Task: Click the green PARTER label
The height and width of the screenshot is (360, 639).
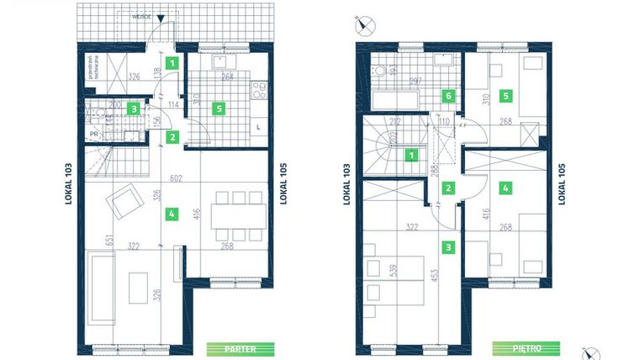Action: [x=241, y=347]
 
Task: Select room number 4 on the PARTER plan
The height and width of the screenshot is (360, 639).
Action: [x=171, y=214]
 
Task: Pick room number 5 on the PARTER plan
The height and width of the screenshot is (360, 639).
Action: [x=219, y=108]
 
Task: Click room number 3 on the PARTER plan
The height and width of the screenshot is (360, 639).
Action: [x=133, y=108]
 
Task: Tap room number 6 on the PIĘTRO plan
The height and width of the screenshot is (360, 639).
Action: [x=449, y=96]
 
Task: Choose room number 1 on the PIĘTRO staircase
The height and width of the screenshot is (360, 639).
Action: [x=412, y=155]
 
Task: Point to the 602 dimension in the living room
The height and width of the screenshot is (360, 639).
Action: [x=175, y=177]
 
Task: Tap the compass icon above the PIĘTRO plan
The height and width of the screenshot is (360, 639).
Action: [x=364, y=23]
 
